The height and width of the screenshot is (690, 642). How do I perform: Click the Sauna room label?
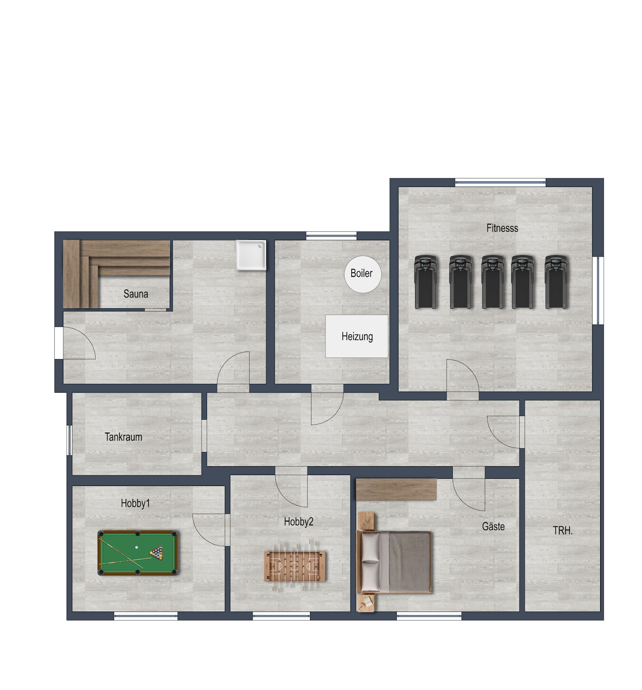coord(136,294)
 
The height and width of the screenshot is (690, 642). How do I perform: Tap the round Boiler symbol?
coord(362,274)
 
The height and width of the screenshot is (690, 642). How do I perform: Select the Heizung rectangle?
coord(357,336)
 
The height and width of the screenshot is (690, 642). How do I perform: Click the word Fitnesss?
coord(502,228)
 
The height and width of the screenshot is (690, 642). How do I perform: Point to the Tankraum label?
coord(123,437)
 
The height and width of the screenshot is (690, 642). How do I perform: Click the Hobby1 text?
coord(135,503)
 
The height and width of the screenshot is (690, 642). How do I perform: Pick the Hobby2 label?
coord(299,522)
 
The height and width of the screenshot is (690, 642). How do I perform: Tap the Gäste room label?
coord(493,526)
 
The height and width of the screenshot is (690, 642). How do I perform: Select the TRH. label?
coord(563,531)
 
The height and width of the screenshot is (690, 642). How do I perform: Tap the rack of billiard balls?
coord(156,553)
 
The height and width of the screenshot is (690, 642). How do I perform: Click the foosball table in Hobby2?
coord(294,566)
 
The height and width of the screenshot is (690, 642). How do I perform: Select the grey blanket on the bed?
coord(410,562)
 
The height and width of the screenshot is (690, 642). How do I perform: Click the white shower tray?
coord(251,255)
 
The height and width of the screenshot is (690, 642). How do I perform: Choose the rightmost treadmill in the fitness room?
coord(556,282)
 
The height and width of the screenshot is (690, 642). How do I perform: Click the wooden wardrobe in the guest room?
coord(396,489)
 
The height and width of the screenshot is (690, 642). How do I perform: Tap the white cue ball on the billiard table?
coord(136,547)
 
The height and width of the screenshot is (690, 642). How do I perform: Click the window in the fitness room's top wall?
coord(500,182)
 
